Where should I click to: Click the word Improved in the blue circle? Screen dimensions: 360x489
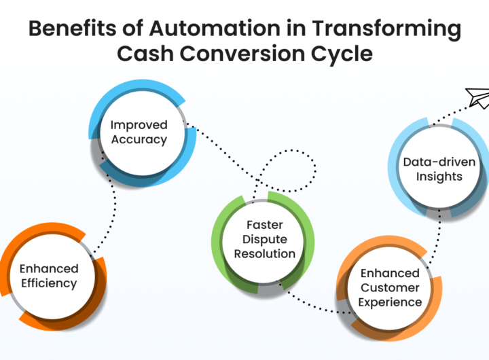[139, 125]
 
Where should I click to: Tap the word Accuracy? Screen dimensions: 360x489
[139, 140]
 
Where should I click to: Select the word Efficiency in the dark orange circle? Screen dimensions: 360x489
[48, 283]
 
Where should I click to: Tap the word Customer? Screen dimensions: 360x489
[390, 287]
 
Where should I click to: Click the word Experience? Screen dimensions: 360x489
[390, 302]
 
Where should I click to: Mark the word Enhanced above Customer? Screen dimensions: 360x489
[390, 273]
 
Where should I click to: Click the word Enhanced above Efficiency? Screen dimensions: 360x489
[48, 268]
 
